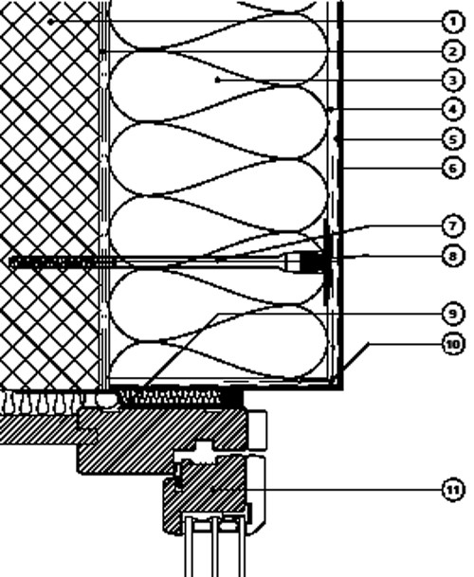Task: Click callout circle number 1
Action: tap(452, 22)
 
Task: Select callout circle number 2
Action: tap(452, 51)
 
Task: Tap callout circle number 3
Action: tap(452, 81)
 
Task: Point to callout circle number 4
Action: tap(452, 109)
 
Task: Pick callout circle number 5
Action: tap(452, 139)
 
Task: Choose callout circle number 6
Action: tap(452, 169)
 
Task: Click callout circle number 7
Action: tap(452, 225)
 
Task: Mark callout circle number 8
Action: tap(452, 256)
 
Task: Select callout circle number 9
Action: tap(452, 314)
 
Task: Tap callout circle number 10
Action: tap(452, 345)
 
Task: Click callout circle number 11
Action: tap(452, 490)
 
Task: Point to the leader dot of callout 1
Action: tap(51, 22)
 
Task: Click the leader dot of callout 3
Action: tap(218, 80)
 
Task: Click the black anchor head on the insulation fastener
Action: tap(310, 261)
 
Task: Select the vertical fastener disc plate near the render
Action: tap(326, 262)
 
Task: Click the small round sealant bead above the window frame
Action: tap(106, 399)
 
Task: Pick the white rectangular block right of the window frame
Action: tap(258, 430)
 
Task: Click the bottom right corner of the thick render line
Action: tap(343, 390)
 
